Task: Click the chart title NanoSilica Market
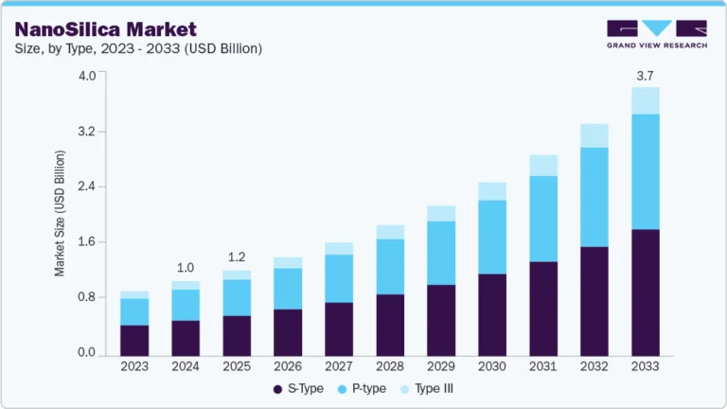tap(106, 28)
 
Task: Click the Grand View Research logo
tap(657, 35)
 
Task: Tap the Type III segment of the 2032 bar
tap(594, 135)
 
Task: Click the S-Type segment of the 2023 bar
tap(133, 339)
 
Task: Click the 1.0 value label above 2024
tap(185, 267)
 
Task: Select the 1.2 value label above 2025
tap(236, 257)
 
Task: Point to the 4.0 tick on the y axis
tap(88, 76)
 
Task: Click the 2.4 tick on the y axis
tap(88, 187)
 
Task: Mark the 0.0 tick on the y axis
tap(88, 353)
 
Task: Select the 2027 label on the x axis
tap(338, 365)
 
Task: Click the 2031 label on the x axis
tap(542, 365)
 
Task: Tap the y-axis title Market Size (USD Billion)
tap(60, 213)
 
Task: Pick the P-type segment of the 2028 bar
tap(389, 266)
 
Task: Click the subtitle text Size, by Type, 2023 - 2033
tap(137, 47)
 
